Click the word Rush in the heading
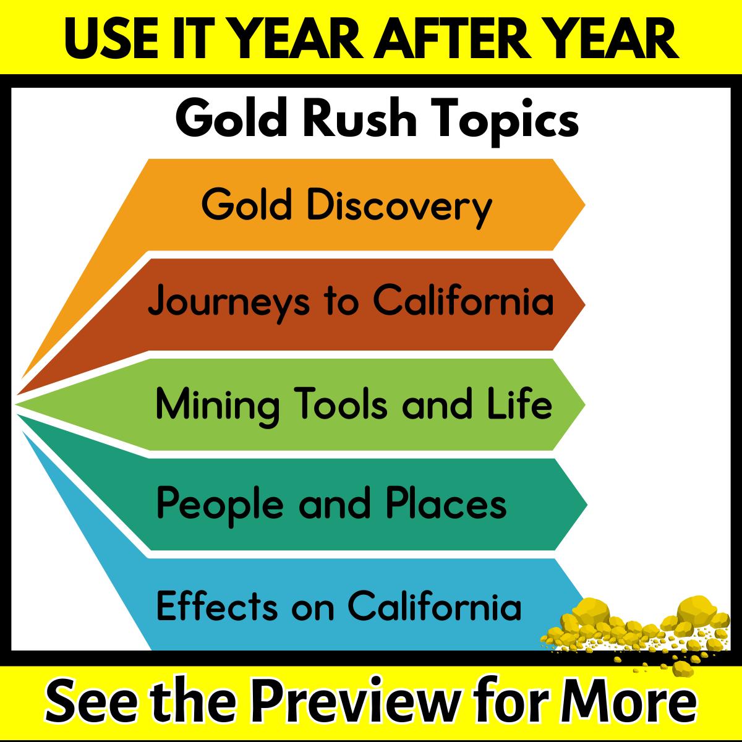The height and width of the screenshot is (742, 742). (359, 117)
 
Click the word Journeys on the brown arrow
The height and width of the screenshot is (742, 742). (229, 302)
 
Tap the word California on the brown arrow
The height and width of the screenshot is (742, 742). (463, 299)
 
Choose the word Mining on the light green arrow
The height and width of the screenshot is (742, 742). (218, 406)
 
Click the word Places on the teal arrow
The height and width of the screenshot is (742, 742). (446, 501)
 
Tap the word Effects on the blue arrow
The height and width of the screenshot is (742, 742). (217, 605)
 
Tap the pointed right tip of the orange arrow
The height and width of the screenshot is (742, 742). (585, 205)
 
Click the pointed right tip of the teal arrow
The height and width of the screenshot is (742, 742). (587, 505)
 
